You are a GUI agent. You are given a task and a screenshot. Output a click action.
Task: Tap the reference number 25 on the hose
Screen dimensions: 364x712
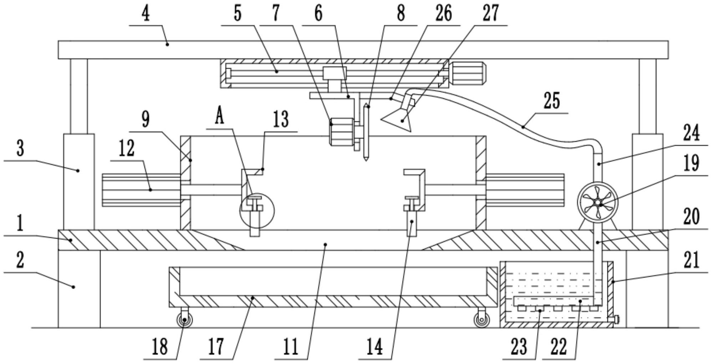pyautogui.click(x=551, y=101)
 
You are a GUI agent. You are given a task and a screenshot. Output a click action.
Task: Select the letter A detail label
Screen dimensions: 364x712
pyautogui.click(x=219, y=117)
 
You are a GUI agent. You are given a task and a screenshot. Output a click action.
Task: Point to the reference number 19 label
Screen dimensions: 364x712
pyautogui.click(x=691, y=164)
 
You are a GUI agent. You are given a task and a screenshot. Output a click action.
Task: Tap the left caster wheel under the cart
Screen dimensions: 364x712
pyautogui.click(x=185, y=320)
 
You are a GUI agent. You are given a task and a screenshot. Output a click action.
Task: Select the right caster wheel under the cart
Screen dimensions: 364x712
pyautogui.click(x=481, y=320)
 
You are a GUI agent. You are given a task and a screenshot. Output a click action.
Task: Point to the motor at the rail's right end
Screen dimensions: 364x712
pyautogui.click(x=467, y=73)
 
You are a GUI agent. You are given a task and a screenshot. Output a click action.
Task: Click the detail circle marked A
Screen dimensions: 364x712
pyautogui.click(x=257, y=210)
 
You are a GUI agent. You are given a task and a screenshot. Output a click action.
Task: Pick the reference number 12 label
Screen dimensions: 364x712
pyautogui.click(x=126, y=148)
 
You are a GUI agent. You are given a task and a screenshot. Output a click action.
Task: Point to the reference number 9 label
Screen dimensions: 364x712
pyautogui.click(x=145, y=119)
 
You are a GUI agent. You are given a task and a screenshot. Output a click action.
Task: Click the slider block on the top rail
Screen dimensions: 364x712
pyautogui.click(x=334, y=73)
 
